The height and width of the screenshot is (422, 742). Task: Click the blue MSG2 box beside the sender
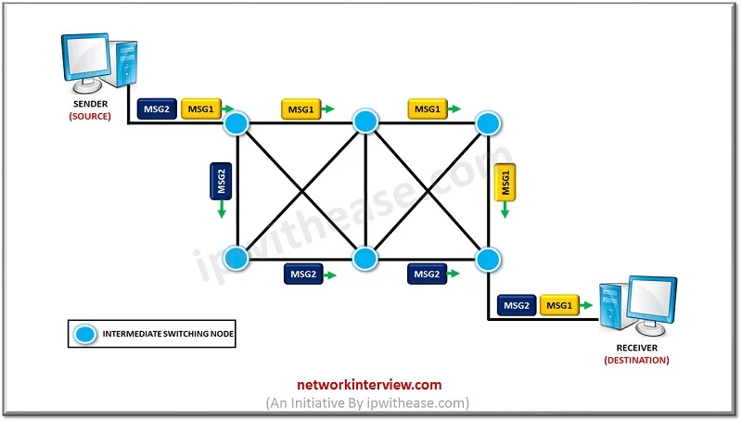(155, 109)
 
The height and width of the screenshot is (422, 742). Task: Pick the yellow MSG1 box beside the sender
(200, 109)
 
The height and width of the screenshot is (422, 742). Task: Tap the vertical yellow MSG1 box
(505, 181)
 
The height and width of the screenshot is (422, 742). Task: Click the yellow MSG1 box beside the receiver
(561, 304)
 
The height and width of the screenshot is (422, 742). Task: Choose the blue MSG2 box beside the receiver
(516, 304)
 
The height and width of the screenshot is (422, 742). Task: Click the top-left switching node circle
(238, 121)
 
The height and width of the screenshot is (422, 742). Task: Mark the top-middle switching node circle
(365, 121)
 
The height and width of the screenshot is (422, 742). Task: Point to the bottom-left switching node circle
(238, 258)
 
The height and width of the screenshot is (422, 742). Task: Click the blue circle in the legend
(85, 333)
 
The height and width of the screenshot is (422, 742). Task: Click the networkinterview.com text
(369, 384)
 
